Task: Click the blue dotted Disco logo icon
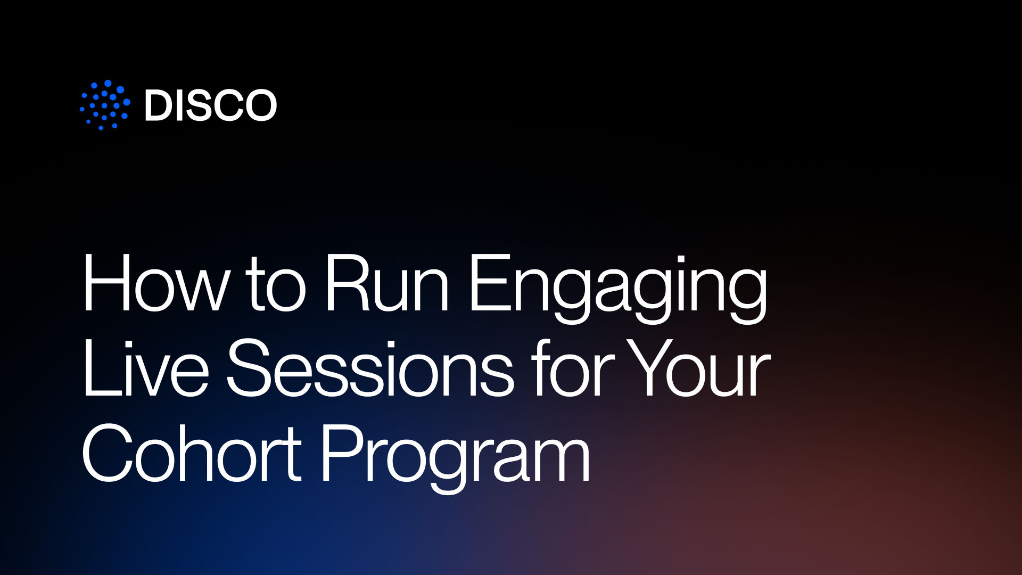[x=105, y=105]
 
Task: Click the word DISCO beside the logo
[x=211, y=105]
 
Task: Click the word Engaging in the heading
[x=618, y=287]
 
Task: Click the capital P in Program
[x=343, y=454]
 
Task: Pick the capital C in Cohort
[x=107, y=454]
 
